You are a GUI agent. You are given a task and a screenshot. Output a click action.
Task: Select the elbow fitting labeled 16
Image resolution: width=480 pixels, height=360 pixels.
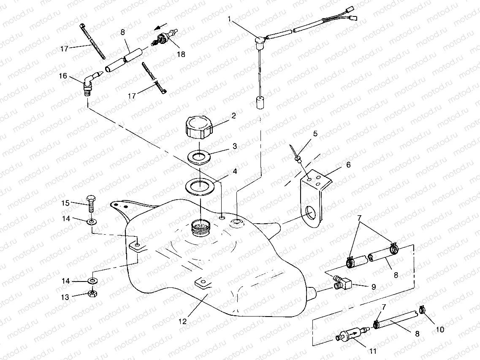89,83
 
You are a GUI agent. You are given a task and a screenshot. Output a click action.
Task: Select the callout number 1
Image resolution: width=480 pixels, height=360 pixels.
230,19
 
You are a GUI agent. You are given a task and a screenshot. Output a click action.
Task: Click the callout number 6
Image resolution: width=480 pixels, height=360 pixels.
349,165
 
